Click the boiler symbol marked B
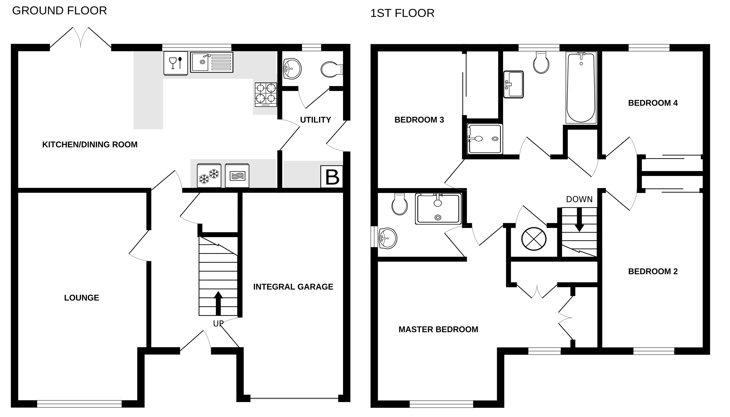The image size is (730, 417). point(332,177)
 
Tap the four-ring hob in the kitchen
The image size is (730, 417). point(266,94)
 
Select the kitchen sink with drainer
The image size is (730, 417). point(211,62)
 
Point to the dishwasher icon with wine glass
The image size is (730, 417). point(176,63)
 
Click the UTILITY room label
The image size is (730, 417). point(315,120)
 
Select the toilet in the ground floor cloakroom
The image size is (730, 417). point(331,69)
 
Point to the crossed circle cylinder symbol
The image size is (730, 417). point(534,239)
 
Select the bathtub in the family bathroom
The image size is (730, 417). point(581,87)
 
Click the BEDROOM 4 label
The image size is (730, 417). point(653,103)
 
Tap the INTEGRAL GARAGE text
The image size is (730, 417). point(293,287)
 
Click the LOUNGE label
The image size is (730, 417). point(81,298)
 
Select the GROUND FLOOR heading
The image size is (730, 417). point(59,11)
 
